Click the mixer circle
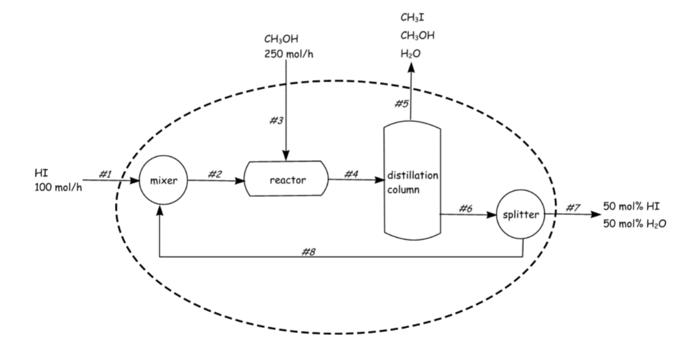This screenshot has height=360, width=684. pyautogui.click(x=163, y=180)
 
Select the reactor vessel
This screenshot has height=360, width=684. pyautogui.click(x=287, y=180)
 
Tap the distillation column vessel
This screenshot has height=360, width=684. pyautogui.click(x=412, y=180)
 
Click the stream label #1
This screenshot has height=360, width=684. pyautogui.click(x=105, y=174)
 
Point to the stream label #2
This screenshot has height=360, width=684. pyautogui.click(x=214, y=174)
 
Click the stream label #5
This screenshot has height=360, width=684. pyautogui.click(x=401, y=104)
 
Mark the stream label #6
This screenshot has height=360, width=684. pyautogui.click(x=466, y=208)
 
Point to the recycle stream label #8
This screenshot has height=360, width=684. pyautogui.click(x=309, y=251)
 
